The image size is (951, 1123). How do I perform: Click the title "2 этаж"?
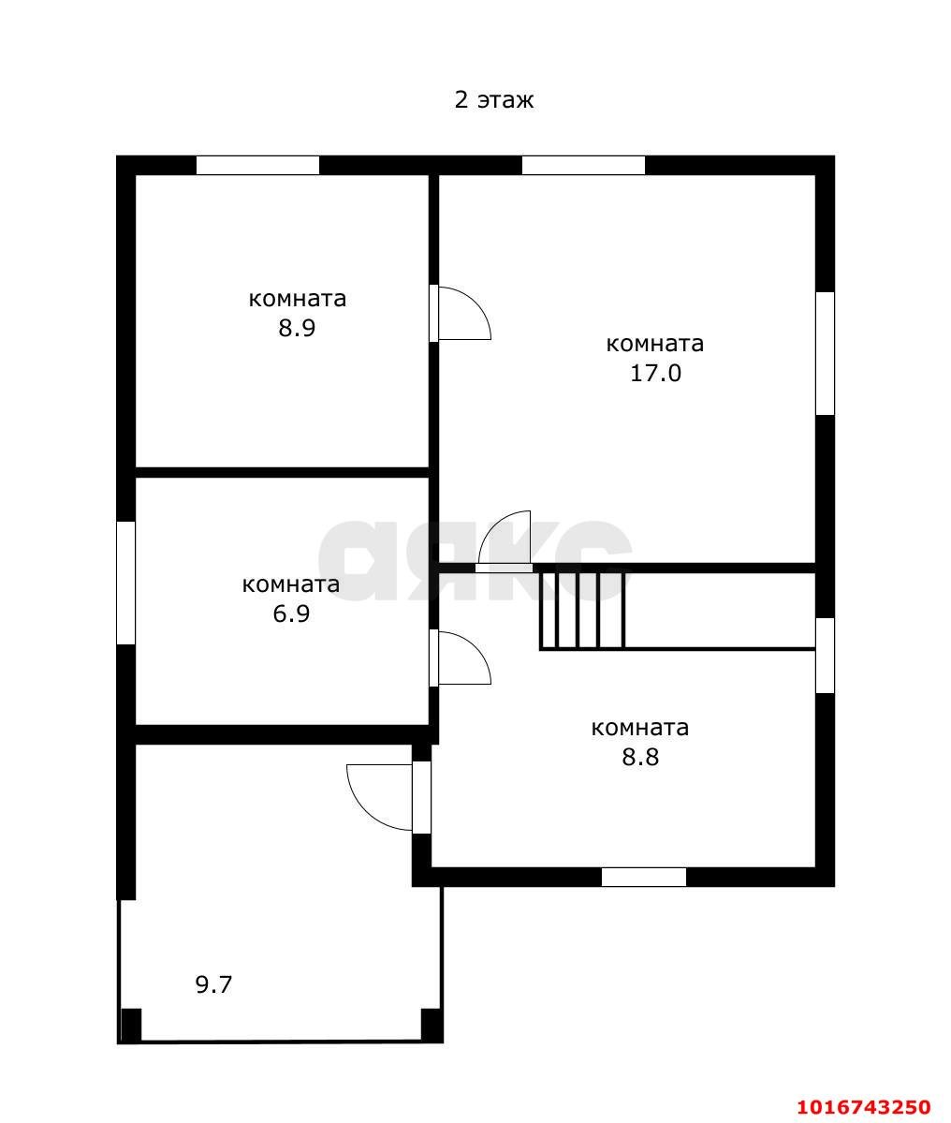pyautogui.click(x=493, y=99)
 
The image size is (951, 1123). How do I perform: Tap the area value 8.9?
pyautogui.click(x=297, y=328)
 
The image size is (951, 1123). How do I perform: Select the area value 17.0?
pyautogui.click(x=655, y=373)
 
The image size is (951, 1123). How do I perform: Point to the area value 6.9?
pyautogui.click(x=291, y=613)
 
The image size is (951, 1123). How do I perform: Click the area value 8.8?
pyautogui.click(x=640, y=757)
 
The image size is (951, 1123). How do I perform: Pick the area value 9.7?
pyautogui.click(x=214, y=984)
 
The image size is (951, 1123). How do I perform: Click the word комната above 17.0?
pyautogui.click(x=655, y=345)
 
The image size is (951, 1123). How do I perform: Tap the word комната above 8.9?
pyautogui.click(x=297, y=300)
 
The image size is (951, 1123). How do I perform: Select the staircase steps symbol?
pyautogui.click(x=582, y=609)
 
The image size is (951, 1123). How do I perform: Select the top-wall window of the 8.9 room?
pyautogui.click(x=257, y=166)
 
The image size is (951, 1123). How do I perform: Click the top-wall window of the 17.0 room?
pyautogui.click(x=583, y=166)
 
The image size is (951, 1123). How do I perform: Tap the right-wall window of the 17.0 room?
pyautogui.click(x=825, y=353)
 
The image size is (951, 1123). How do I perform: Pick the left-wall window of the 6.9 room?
pyautogui.click(x=126, y=583)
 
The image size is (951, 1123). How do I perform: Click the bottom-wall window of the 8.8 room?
pyautogui.click(x=644, y=877)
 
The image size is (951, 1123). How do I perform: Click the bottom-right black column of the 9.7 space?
pyautogui.click(x=432, y=1025)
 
